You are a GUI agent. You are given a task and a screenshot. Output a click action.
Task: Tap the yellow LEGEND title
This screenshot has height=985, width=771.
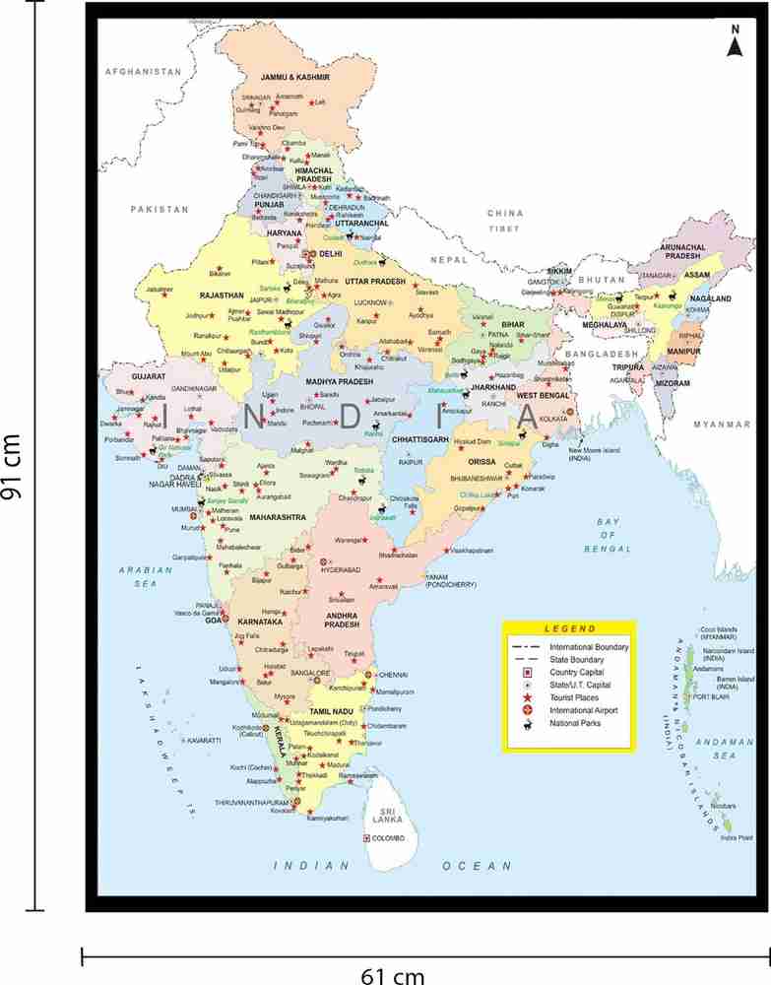(569, 628)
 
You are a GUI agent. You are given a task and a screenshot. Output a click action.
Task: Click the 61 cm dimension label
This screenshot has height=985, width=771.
(393, 975)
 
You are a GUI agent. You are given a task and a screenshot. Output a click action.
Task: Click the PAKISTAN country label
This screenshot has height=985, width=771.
(159, 209)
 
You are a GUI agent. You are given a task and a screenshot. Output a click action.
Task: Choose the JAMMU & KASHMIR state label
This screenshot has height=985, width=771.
(293, 76)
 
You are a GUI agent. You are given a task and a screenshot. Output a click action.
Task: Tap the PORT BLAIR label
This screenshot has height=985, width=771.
(711, 697)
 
